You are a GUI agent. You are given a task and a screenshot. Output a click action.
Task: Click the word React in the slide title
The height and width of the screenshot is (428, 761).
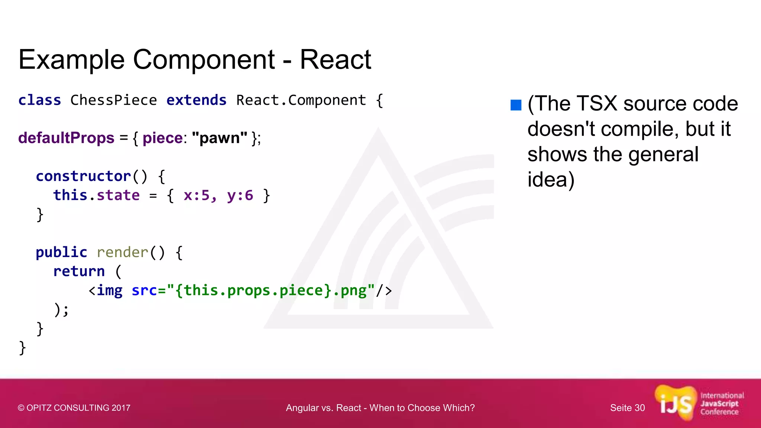coord(335,59)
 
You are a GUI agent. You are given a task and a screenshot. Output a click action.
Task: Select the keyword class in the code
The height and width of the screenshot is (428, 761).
coord(40,100)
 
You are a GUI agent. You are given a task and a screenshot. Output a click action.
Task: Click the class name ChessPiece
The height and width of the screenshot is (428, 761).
coord(114,100)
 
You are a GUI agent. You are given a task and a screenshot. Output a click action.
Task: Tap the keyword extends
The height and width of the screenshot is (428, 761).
coord(196,100)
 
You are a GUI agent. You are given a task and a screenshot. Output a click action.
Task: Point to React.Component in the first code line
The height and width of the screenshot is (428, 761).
coord(301,100)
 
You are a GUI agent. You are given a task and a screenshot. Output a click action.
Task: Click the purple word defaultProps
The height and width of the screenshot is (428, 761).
coord(66,138)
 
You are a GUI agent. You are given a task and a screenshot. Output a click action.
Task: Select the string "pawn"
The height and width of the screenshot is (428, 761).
coord(220,138)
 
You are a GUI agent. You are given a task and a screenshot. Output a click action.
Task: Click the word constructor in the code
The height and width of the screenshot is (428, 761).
coord(84,176)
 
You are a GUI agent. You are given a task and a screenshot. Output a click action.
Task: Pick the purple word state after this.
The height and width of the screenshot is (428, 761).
coord(118,195)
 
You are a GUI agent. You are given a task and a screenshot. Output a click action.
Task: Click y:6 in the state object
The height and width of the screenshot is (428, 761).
coord(240,195)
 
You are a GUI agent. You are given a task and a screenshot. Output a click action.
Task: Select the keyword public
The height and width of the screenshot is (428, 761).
coord(61,252)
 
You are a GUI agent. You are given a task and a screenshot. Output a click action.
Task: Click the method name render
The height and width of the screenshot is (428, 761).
coord(123,252)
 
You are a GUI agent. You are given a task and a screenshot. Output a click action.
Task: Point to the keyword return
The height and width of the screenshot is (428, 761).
coord(79,271)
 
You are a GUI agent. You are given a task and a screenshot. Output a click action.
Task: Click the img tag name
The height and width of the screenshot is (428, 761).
coord(110,290)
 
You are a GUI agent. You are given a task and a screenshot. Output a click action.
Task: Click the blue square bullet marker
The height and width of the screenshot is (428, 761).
coord(516,105)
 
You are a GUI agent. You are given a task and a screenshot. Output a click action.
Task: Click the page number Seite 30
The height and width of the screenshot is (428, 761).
coord(627,408)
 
